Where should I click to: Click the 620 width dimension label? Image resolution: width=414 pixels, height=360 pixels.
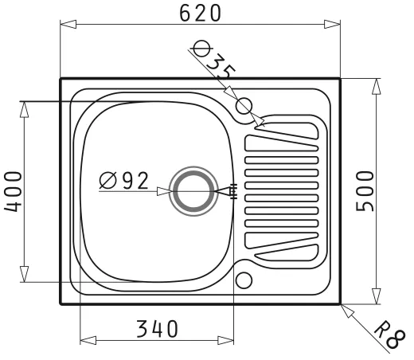pos(200,13)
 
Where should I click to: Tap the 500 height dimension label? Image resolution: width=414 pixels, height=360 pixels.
pos(365,191)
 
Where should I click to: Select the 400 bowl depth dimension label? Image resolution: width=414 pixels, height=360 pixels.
pos(13,191)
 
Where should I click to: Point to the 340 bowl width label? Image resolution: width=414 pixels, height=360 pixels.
pos(157,329)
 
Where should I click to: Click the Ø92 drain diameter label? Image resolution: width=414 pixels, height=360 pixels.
pos(123,181)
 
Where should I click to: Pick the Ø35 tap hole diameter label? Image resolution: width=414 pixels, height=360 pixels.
pos(213,60)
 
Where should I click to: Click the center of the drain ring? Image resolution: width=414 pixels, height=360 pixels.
pos(193,191)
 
